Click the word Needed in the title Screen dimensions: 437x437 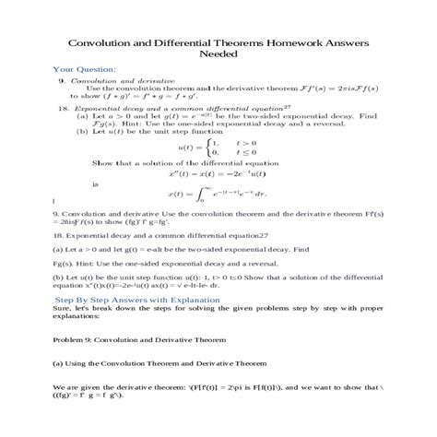coord(218,53)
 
